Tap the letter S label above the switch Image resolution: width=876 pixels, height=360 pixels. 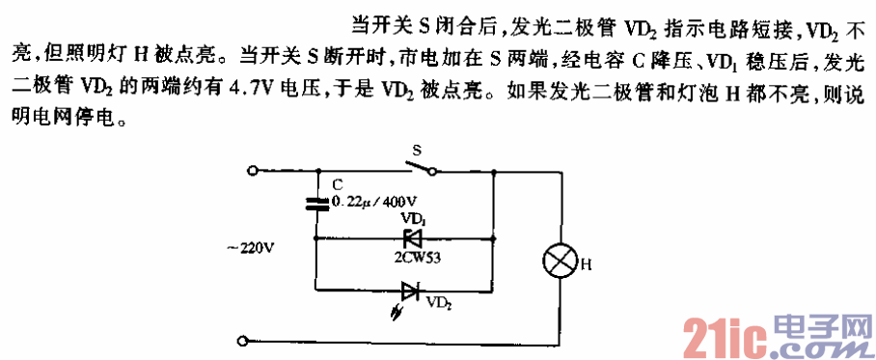coord(417,151)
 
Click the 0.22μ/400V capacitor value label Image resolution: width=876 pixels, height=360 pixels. coord(366,203)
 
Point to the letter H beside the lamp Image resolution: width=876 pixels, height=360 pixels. coord(585,261)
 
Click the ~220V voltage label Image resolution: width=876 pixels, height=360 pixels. coord(250,247)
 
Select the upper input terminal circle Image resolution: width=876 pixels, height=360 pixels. coord(252,172)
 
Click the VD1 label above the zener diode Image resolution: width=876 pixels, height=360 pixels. coord(412,218)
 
